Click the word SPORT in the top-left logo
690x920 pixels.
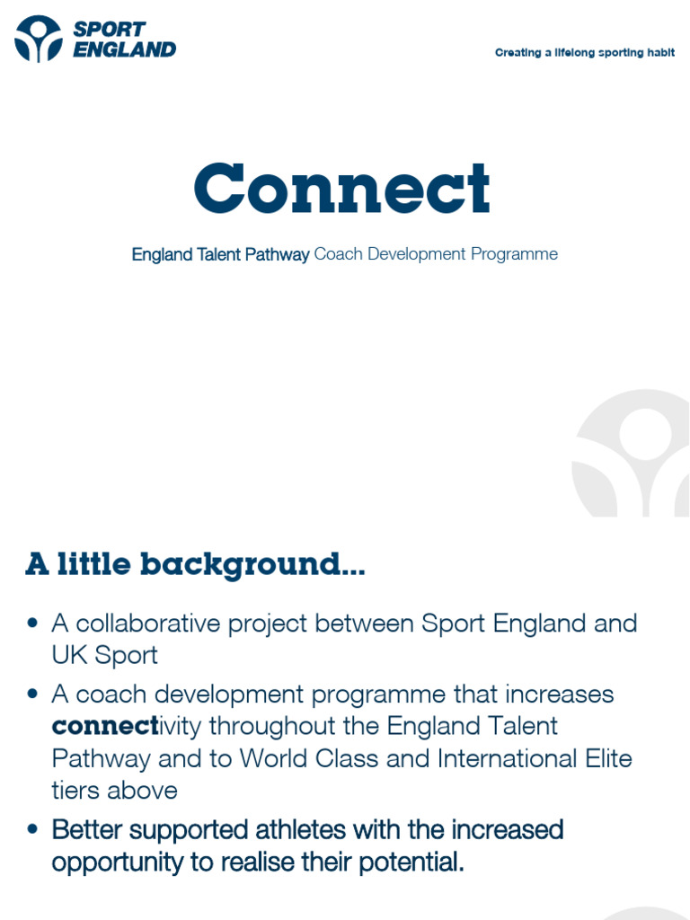(109, 30)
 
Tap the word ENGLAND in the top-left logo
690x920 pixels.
(124, 50)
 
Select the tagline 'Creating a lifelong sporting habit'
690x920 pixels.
(584, 53)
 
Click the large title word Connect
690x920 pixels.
(342, 189)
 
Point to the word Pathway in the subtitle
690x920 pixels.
(277, 254)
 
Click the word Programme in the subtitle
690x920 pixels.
(514, 254)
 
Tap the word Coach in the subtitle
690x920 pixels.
(338, 254)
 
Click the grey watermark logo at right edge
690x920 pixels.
(633, 454)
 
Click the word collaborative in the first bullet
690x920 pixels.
(148, 623)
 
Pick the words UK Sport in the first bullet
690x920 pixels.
(104, 655)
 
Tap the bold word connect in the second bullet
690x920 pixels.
(104, 726)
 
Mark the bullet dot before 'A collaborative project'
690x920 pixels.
(34, 623)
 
